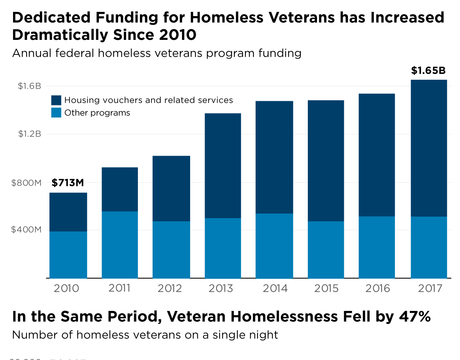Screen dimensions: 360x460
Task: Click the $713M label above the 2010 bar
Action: (67, 183)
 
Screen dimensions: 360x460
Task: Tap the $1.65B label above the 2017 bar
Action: (428, 71)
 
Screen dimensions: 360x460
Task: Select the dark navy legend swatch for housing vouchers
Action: (56, 100)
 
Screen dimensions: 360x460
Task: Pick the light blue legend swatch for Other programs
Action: (56, 113)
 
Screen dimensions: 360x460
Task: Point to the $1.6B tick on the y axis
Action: (29, 86)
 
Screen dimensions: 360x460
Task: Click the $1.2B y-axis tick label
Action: (29, 134)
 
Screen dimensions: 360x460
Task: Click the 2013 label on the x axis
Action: (221, 288)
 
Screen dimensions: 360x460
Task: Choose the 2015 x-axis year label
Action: (326, 288)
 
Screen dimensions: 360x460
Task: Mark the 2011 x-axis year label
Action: (119, 288)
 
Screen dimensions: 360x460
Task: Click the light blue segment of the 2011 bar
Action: (120, 245)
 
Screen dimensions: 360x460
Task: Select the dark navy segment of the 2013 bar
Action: (223, 166)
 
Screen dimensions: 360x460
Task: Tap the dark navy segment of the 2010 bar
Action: (68, 212)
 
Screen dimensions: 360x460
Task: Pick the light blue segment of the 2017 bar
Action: (429, 247)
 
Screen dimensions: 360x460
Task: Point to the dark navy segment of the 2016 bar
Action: (376, 155)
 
